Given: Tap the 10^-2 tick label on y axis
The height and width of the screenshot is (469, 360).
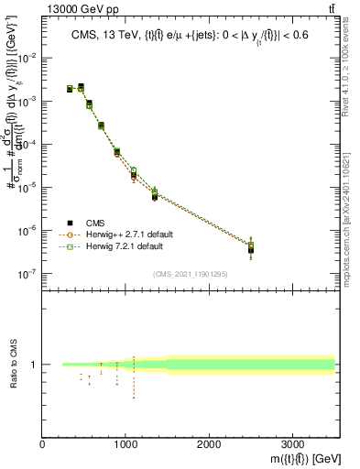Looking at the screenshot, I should pyautogui.click(x=27, y=59).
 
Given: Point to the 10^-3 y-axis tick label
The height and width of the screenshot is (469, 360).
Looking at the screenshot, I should pyautogui.click(x=27, y=102).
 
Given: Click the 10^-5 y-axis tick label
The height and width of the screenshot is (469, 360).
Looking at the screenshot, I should pyautogui.click(x=27, y=188).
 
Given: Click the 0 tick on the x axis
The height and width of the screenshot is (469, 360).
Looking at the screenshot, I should pyautogui.click(x=43, y=444).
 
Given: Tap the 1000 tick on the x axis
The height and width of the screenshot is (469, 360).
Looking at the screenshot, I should pyautogui.click(x=125, y=444).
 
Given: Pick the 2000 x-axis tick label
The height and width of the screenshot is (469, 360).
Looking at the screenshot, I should pyautogui.click(x=209, y=444).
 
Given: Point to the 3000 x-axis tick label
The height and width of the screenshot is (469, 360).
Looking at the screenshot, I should pyautogui.click(x=292, y=444).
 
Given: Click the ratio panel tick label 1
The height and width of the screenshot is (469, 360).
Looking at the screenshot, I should pyautogui.click(x=34, y=365).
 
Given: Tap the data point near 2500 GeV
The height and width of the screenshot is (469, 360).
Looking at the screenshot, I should pyautogui.click(x=251, y=248).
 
